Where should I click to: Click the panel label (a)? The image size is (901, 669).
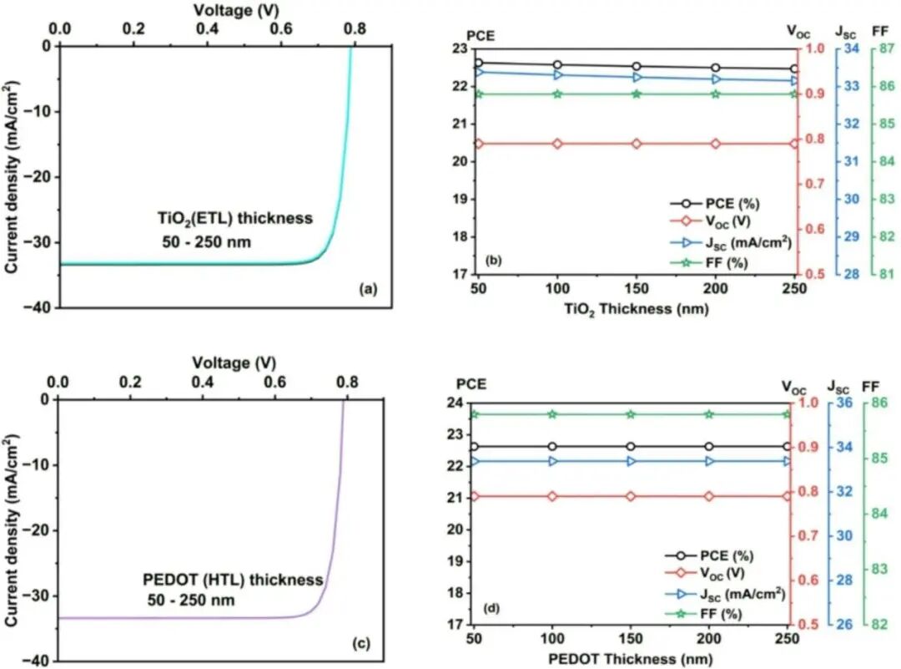368,290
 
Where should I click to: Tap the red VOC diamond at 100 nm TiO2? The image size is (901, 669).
557,144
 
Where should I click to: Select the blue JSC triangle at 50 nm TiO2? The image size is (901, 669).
478,72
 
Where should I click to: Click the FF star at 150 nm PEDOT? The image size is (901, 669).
630,414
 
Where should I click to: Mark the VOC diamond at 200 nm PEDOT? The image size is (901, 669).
709,496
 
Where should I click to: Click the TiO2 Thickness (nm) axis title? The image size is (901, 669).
636,308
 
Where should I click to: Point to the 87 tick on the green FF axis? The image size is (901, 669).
884,48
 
